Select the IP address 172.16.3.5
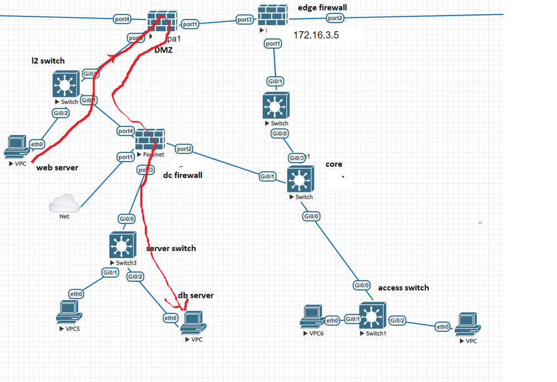(x=316, y=35)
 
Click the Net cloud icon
(x=64, y=204)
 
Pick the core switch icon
(x=301, y=179)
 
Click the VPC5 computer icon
(x=69, y=312)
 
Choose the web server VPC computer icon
(x=17, y=147)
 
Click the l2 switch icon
(x=66, y=85)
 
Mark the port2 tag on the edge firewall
(x=335, y=18)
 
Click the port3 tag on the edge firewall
(x=245, y=20)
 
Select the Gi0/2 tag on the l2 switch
(x=61, y=113)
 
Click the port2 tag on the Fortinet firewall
(x=184, y=149)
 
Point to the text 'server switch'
(x=171, y=248)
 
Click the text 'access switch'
(x=403, y=288)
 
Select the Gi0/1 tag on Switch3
(x=110, y=273)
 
